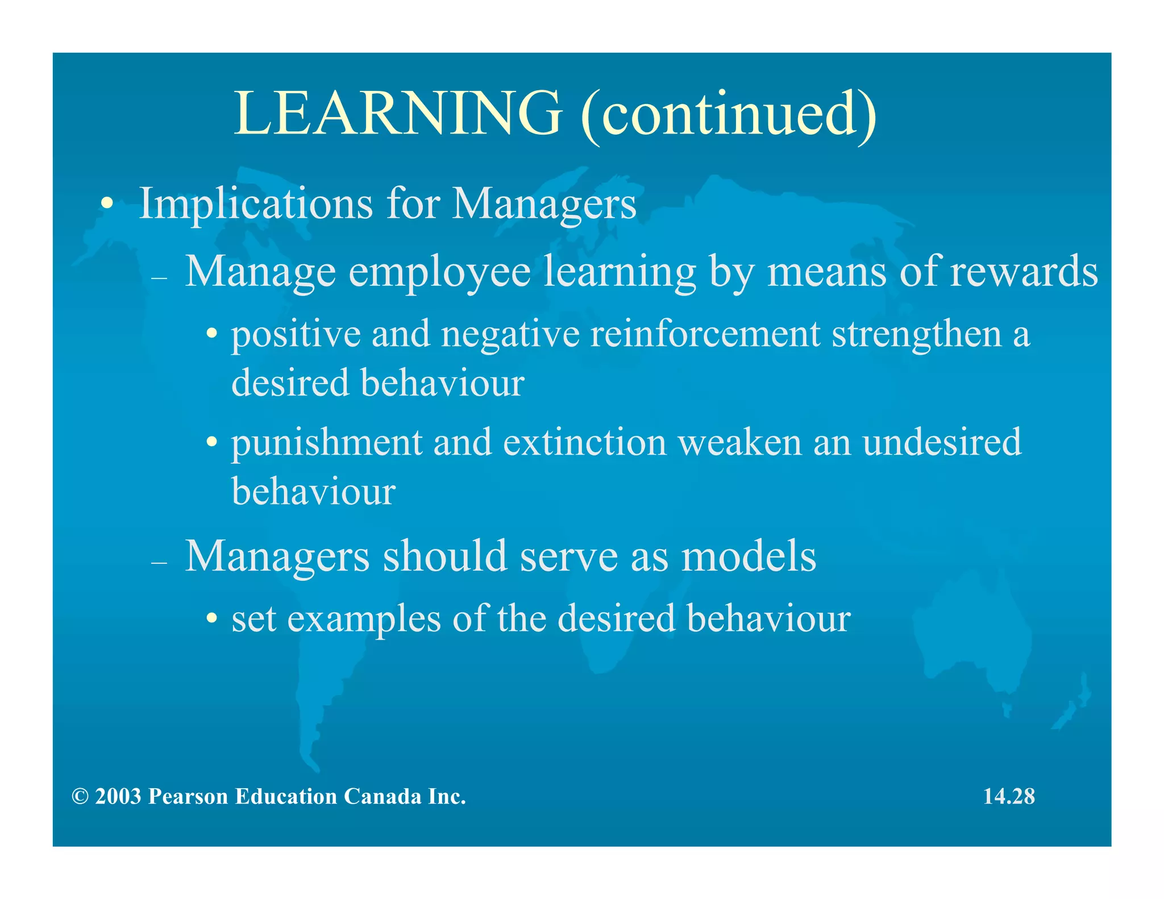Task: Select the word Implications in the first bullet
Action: [x=256, y=203]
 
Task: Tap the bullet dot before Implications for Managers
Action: [x=106, y=205]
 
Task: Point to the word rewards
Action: [x=1024, y=272]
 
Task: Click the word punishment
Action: [x=327, y=444]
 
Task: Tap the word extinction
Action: [x=584, y=443]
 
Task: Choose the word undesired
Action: [x=942, y=443]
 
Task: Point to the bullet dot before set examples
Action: [x=211, y=618]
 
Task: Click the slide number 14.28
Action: [x=1009, y=797]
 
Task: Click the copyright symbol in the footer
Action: [x=80, y=797]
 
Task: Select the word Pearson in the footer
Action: [x=188, y=797]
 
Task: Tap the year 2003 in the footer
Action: [x=118, y=797]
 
